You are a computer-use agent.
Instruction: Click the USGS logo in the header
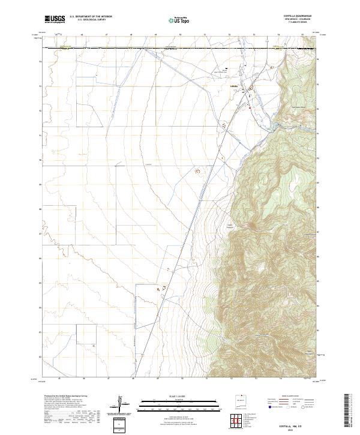click(55, 19)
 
